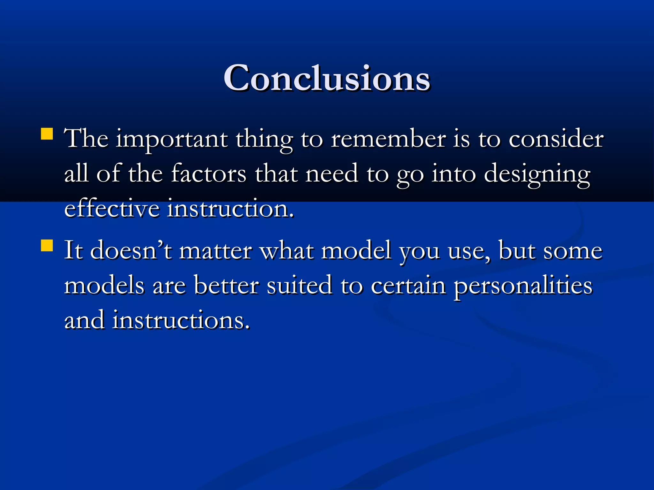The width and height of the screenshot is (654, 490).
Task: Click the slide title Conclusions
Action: pyautogui.click(x=327, y=78)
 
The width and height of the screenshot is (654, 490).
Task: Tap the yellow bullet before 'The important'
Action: pyautogui.click(x=47, y=134)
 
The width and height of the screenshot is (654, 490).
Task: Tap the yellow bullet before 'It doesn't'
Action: pyautogui.click(x=47, y=246)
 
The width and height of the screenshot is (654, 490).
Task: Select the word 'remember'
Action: pyautogui.click(x=388, y=139)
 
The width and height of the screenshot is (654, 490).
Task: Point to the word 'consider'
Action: pyautogui.click(x=556, y=139)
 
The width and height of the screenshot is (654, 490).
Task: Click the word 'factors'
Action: pyautogui.click(x=209, y=174)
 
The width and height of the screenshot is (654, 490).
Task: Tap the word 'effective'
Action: pyautogui.click(x=112, y=209)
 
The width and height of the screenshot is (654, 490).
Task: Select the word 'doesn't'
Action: pyautogui.click(x=131, y=251)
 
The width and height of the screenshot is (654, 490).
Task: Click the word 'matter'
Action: pyautogui.click(x=216, y=251)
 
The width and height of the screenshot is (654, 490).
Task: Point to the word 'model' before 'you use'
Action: pyautogui.click(x=356, y=251)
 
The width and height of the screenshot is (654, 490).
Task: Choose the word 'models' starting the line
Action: pyautogui.click(x=104, y=286)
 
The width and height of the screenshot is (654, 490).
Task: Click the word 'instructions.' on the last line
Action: pyautogui.click(x=181, y=320)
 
